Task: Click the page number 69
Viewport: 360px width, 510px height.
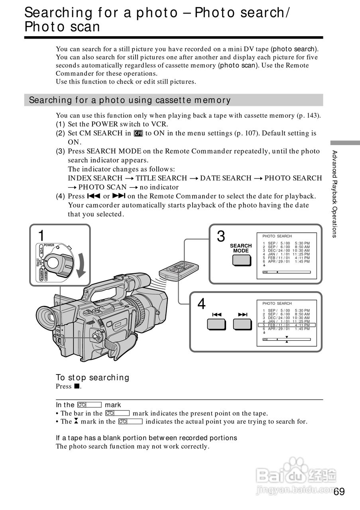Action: coord(339,491)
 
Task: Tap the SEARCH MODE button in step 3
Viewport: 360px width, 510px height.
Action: coord(241,259)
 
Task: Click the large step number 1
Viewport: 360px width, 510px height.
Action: coord(41,236)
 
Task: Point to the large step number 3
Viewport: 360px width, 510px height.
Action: coord(220,237)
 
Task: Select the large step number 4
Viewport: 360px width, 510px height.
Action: coord(202,304)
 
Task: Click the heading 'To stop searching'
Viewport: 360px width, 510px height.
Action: coord(92,377)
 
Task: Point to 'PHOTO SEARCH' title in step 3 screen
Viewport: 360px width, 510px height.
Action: coord(277,236)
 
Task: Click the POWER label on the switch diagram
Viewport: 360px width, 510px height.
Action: coord(49,245)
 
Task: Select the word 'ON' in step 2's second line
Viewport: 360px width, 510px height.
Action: coord(75,142)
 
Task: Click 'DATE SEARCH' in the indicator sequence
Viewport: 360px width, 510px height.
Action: coord(226,178)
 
